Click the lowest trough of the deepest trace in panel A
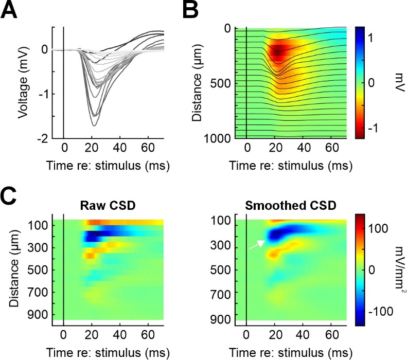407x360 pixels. pos(94,125)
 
